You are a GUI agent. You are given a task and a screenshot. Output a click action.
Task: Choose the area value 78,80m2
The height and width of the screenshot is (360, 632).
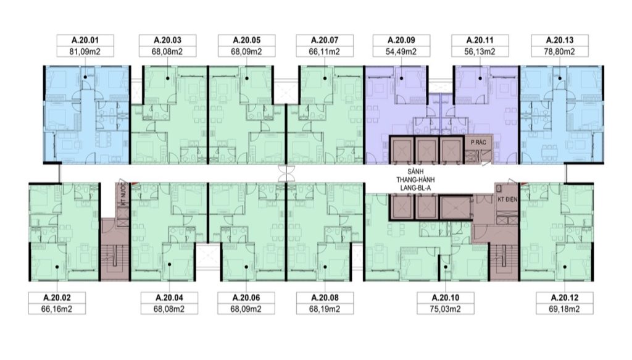pos(560,52)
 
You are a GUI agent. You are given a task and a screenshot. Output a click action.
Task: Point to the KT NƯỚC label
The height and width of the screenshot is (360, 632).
pos(123,193)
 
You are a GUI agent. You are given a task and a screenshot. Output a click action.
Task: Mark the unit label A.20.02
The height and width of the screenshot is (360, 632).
pos(57,298)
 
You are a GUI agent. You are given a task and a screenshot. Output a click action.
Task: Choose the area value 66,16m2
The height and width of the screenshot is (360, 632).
pos(57,309)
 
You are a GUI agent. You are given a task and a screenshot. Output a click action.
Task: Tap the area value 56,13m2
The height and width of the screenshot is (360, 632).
pos(482,52)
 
